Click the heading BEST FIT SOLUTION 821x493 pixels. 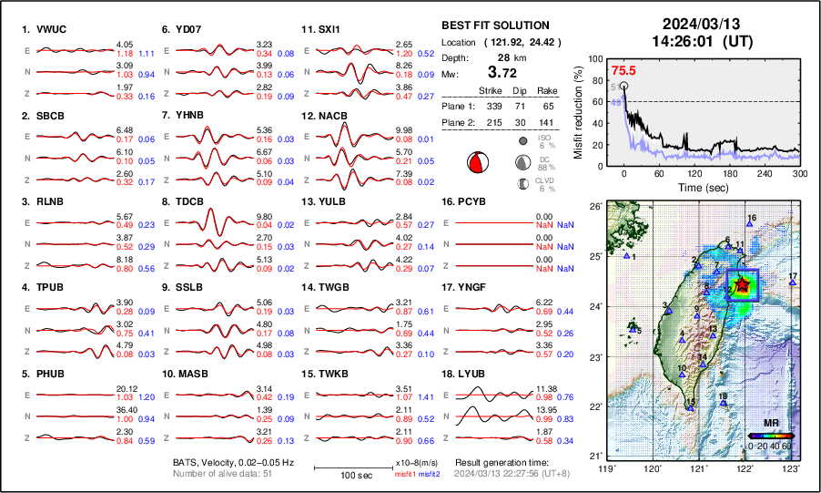point(495,26)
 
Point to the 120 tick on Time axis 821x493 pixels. point(694,173)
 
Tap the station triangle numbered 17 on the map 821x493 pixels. point(792,283)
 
